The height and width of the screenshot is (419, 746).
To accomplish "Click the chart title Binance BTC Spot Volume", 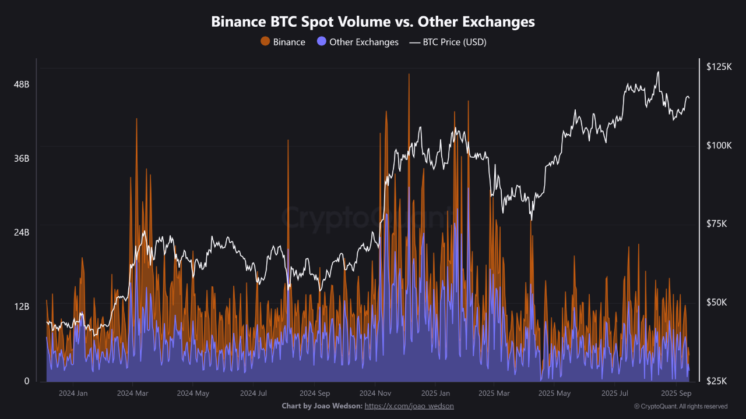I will point(373,22).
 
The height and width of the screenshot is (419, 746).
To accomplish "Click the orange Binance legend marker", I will point(265,42).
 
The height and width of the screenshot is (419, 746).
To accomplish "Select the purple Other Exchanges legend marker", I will point(321,42).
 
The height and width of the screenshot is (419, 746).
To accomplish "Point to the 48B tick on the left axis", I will point(22,84).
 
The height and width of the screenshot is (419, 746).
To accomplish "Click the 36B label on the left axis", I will point(22,158).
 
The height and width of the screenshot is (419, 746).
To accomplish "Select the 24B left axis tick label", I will point(22,232).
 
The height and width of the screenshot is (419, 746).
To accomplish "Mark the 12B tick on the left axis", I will point(22,306).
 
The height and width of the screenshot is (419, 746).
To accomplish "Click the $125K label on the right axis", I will point(719,67).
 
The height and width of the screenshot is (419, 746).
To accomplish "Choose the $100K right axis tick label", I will point(719,145).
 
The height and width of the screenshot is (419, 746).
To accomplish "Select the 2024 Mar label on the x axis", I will point(133,393).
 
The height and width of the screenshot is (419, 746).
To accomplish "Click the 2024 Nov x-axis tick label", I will point(375,393).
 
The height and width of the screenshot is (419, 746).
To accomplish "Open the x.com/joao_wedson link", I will point(409,406).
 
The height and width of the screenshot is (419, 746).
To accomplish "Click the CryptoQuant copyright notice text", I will point(680,406).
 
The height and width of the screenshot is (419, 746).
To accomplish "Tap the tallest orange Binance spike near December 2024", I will point(409,76).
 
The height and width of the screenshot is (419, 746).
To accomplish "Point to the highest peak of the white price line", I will point(658,72).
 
